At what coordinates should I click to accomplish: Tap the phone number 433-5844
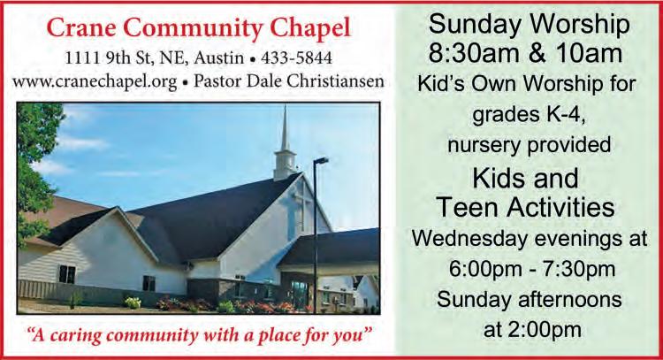tap(296, 58)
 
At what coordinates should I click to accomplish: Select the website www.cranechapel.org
tap(95, 81)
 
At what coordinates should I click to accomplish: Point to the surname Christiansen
tap(336, 80)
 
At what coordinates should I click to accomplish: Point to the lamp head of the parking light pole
tap(321, 160)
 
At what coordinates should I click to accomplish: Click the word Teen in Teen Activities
tap(467, 207)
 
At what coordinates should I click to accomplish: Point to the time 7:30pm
tap(583, 270)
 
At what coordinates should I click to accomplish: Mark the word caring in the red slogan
tap(78, 336)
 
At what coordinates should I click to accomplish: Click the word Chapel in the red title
tap(310, 29)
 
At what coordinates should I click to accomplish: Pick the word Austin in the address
tap(218, 58)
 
